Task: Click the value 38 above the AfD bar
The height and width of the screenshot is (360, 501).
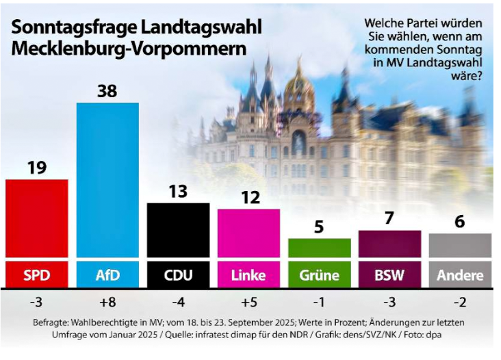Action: pyautogui.click(x=107, y=90)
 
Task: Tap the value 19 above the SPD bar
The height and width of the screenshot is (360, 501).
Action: pyautogui.click(x=36, y=168)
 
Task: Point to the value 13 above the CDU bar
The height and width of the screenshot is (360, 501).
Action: pyautogui.click(x=178, y=192)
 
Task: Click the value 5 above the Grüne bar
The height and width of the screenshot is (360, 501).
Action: pyautogui.click(x=319, y=227)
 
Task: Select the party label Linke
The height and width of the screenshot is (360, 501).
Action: pyautogui.click(x=248, y=276)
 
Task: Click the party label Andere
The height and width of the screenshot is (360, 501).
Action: pyautogui.click(x=460, y=276)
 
